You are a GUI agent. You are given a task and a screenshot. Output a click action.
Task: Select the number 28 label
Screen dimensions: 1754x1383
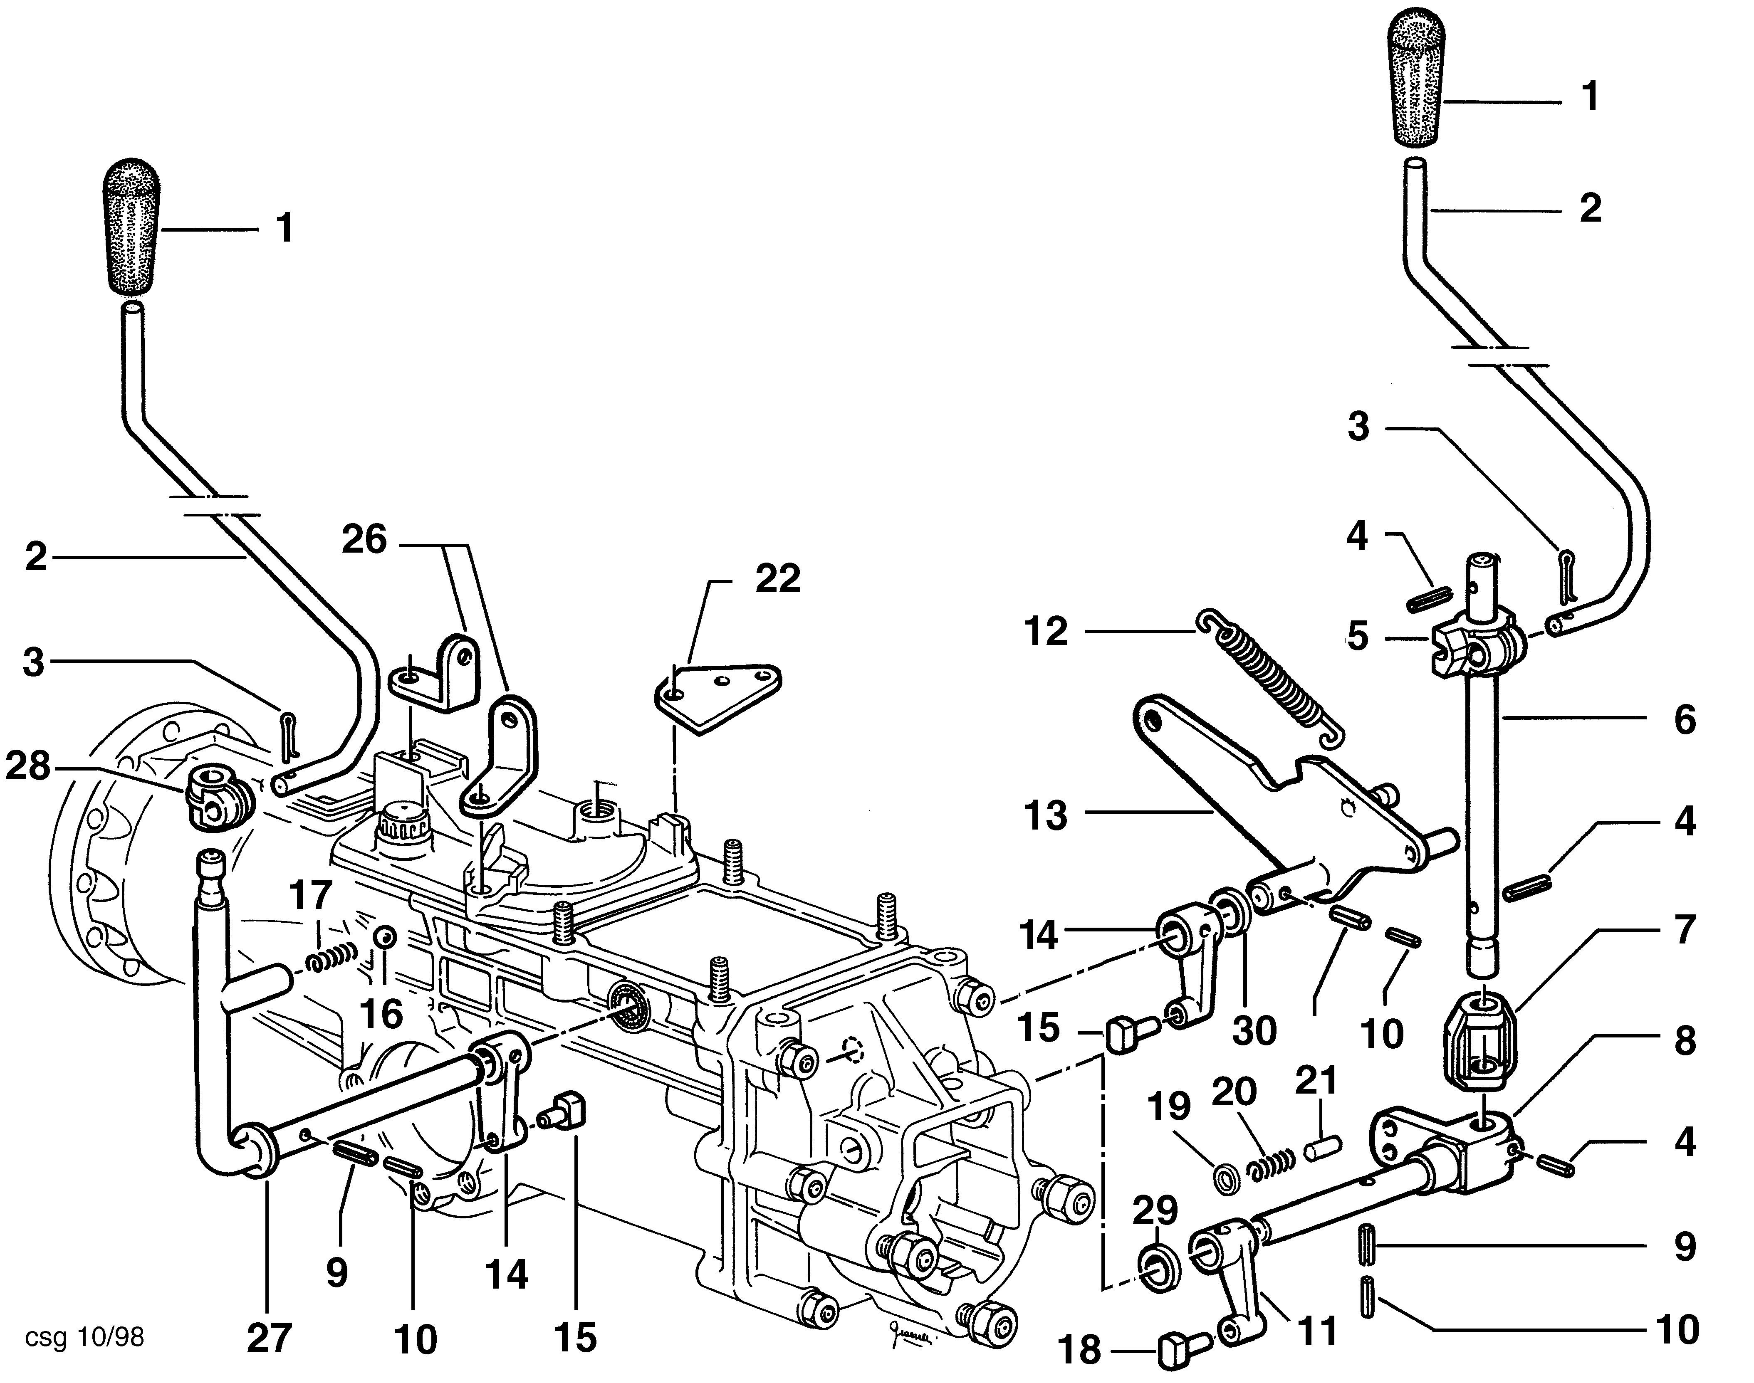coord(28,766)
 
